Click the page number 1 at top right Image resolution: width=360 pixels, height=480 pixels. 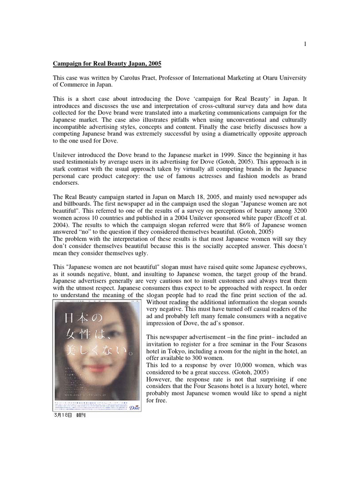click(x=305, y=44)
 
